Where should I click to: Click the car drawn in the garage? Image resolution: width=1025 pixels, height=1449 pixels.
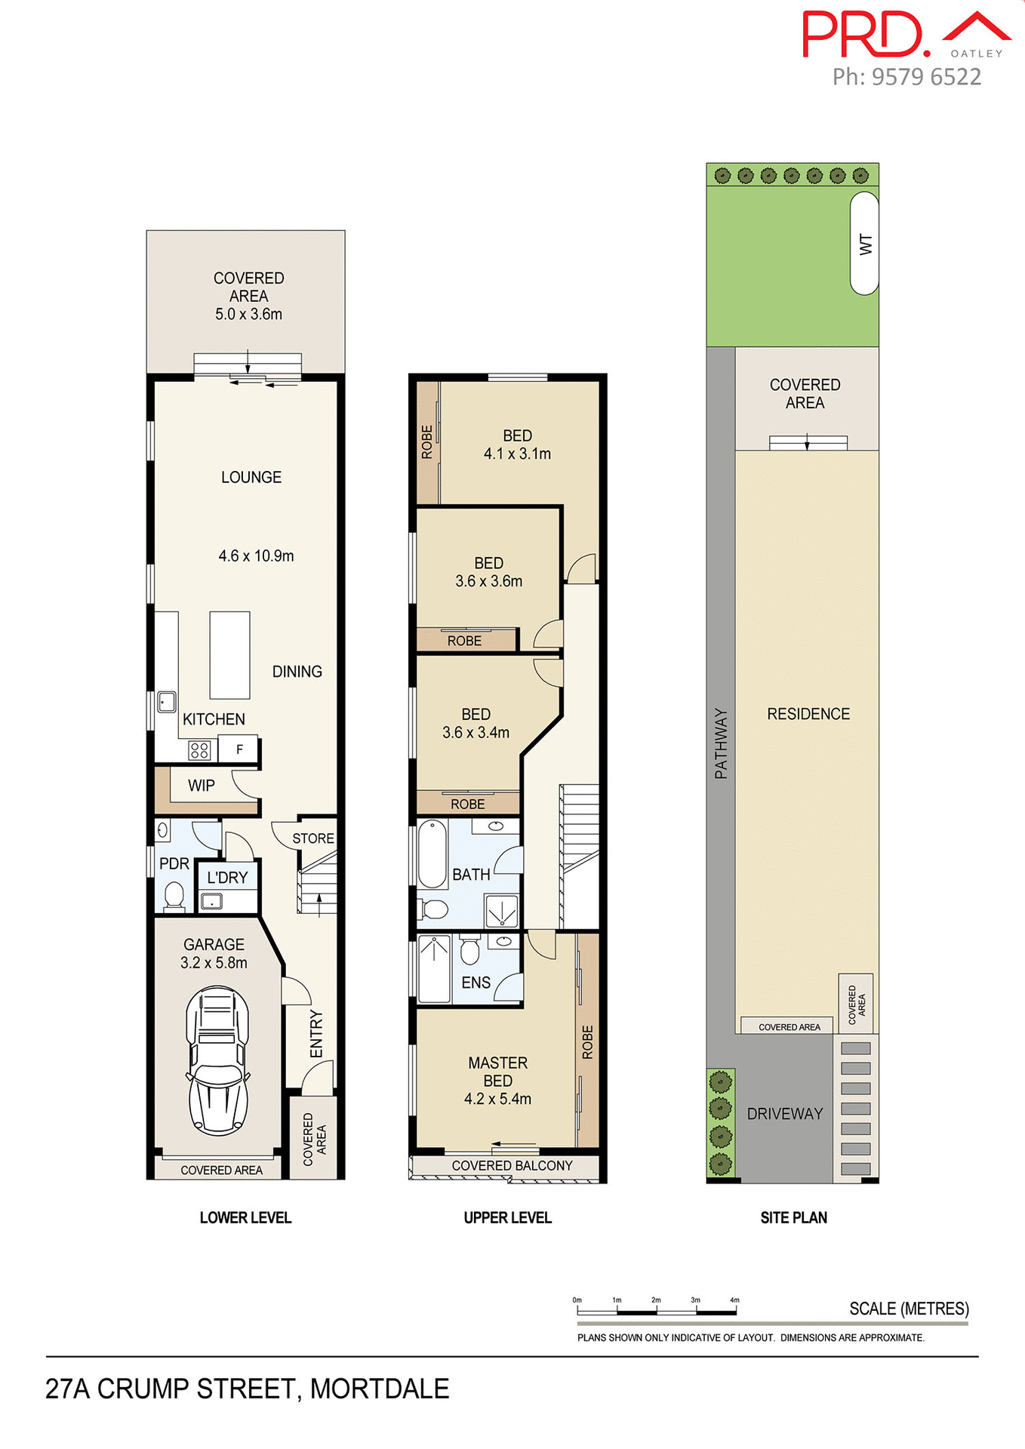(217, 1060)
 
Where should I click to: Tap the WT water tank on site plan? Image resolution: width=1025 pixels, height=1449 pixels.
(864, 243)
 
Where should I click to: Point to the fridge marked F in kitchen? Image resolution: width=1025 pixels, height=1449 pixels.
(239, 749)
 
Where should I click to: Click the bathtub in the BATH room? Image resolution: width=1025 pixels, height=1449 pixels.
(432, 854)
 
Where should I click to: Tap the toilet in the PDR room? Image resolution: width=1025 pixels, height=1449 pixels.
(174, 897)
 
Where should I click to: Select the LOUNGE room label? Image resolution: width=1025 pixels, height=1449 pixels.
(251, 477)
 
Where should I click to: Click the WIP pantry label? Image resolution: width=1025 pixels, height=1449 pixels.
(201, 786)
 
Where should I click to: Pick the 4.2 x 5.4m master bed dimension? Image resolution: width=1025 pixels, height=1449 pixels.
(497, 1099)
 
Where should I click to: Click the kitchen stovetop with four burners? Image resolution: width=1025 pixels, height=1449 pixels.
(199, 750)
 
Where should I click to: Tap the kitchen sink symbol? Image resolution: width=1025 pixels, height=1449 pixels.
(167, 702)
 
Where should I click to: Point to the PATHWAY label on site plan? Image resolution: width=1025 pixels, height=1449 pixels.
(721, 743)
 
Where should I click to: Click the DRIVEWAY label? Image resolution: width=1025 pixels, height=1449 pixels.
(784, 1114)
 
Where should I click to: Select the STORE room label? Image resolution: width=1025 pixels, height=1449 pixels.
(312, 838)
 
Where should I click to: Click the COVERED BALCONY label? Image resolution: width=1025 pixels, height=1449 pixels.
(512, 1166)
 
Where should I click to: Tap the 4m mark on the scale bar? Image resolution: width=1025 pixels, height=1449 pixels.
(735, 1300)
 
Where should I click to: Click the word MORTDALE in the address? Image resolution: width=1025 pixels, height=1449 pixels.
(380, 1389)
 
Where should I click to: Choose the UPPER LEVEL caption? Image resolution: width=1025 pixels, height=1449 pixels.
(507, 1217)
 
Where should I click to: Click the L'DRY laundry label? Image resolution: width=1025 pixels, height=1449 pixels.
(227, 878)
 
